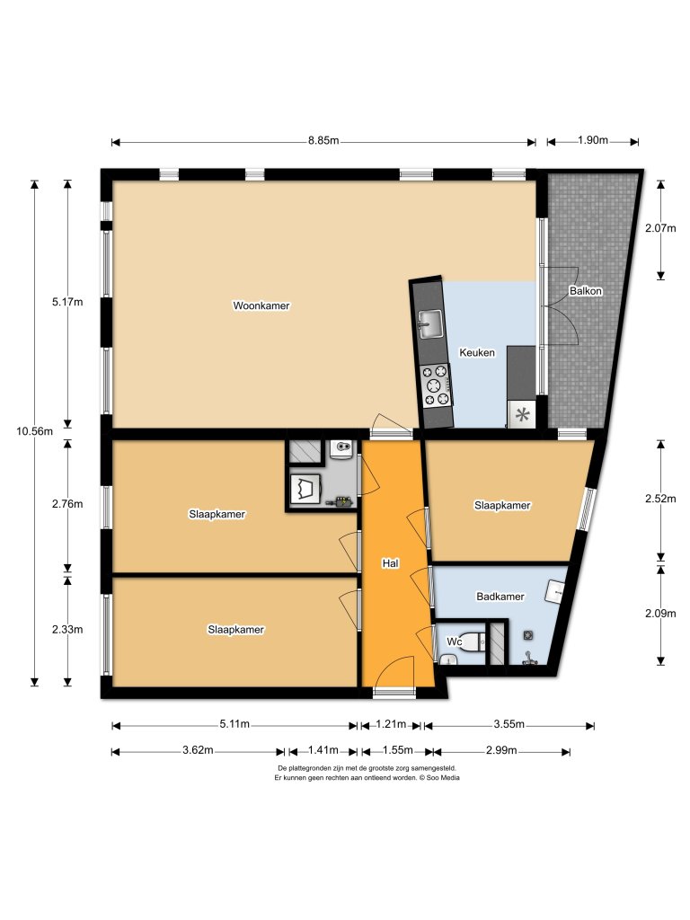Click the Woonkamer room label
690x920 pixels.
[x=261, y=305]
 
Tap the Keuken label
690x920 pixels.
[x=476, y=353]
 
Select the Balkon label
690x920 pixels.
[x=585, y=291]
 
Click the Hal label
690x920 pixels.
[x=390, y=563]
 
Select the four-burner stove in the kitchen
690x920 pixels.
[x=437, y=384]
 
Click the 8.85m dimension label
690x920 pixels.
[x=323, y=141]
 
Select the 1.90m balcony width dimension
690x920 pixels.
[x=592, y=141]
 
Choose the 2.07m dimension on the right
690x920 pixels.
[x=660, y=228]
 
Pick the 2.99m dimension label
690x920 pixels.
[x=500, y=750]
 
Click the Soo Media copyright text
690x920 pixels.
[x=367, y=778]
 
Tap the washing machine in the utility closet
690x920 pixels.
[x=307, y=489]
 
